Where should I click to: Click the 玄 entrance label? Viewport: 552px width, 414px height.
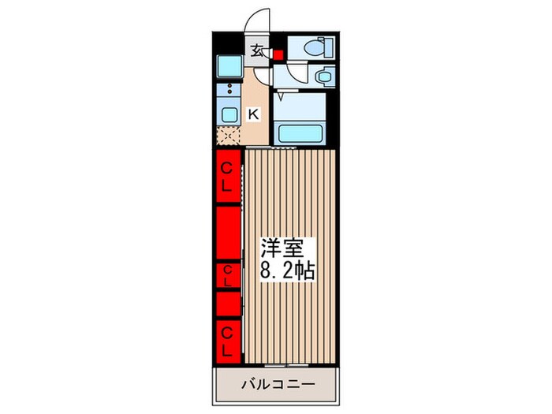(x=256, y=52)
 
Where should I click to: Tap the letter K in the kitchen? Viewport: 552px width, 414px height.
(x=254, y=114)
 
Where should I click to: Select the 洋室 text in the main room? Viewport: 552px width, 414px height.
(x=282, y=248)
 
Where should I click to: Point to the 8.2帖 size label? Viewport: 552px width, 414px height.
(x=287, y=270)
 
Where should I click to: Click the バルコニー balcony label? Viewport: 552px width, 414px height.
(x=278, y=384)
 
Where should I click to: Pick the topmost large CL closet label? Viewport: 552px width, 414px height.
(x=226, y=177)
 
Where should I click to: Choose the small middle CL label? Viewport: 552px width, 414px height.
(x=227, y=276)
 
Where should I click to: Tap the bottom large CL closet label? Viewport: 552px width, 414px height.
(x=227, y=341)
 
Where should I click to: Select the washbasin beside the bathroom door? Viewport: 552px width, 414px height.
(x=325, y=76)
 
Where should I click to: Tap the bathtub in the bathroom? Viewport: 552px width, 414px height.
(x=300, y=133)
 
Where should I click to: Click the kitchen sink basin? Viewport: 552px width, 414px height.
(x=229, y=114)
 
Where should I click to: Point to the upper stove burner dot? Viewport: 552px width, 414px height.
(x=230, y=85)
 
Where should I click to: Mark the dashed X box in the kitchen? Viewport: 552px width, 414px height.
(x=228, y=135)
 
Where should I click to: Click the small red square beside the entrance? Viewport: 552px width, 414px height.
(x=278, y=55)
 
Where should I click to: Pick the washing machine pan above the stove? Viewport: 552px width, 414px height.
(x=229, y=66)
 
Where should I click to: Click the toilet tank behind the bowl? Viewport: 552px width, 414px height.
(x=329, y=47)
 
